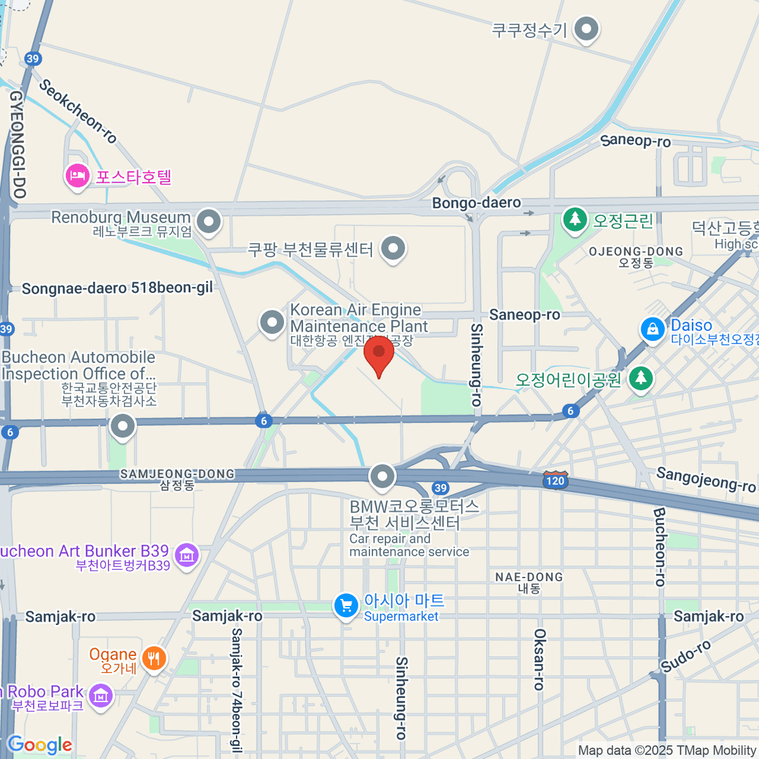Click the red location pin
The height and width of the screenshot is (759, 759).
379,354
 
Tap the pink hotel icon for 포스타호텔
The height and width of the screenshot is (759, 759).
77,176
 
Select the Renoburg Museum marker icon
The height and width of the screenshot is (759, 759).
208,222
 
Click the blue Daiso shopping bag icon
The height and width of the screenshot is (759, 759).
652,328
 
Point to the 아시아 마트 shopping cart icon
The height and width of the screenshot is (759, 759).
345,606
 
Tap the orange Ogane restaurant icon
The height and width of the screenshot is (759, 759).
153,658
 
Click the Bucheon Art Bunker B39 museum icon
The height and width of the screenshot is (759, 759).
186,555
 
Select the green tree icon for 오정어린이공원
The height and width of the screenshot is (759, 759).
641,378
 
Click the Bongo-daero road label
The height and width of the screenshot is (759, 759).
476,203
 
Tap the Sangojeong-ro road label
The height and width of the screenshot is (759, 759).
705,479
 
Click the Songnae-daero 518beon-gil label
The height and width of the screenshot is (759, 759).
117,288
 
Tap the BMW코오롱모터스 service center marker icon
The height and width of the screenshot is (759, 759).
382,477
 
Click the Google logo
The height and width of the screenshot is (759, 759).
40,745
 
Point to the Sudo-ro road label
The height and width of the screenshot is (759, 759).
686,656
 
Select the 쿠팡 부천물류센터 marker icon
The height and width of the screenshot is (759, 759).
393,249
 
